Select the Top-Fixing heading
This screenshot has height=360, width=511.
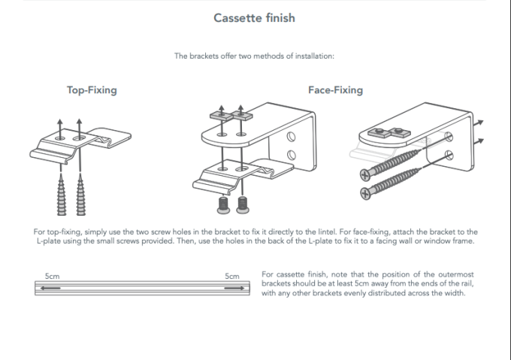[92, 90]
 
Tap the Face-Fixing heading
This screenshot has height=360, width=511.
[335, 90]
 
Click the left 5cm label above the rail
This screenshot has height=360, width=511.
[53, 277]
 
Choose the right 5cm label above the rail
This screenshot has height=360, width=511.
[231, 277]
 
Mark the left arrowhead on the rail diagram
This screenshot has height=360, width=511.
[44, 286]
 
